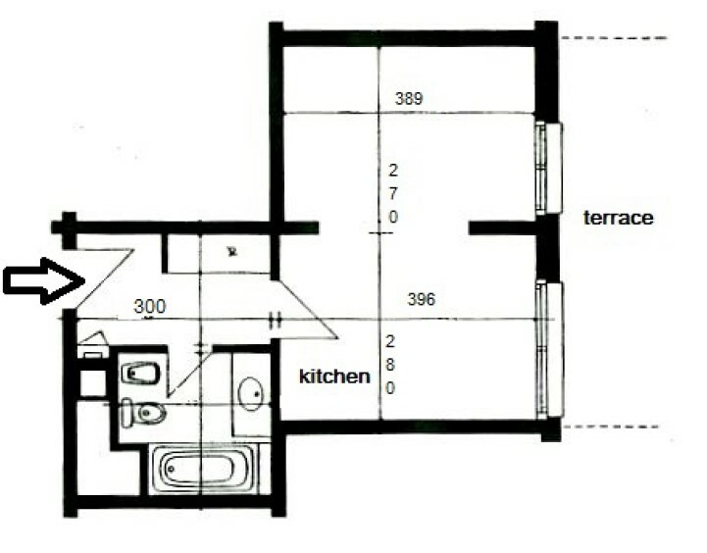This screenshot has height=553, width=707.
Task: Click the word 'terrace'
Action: click(618, 218)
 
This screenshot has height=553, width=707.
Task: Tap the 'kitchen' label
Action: click(334, 377)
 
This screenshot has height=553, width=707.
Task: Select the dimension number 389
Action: click(409, 98)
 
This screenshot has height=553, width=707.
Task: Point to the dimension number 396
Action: click(421, 299)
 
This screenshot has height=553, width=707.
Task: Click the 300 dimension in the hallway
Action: click(150, 307)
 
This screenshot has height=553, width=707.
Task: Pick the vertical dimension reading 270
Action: click(393, 194)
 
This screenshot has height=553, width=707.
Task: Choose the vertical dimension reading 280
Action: click(390, 365)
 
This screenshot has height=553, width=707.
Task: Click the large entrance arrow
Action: click(44, 280)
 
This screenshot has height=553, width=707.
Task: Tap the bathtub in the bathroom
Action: click(201, 470)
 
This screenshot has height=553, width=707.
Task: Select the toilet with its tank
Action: click(143, 412)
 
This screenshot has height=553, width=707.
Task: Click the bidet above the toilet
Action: click(140, 374)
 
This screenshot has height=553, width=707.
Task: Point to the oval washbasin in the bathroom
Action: click(251, 394)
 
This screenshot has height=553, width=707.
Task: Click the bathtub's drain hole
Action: click(171, 470)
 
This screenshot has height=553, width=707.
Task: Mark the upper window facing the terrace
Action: click(549, 168)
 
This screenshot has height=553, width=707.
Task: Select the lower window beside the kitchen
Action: click(550, 349)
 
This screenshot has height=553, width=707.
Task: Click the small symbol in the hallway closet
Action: click(232, 251)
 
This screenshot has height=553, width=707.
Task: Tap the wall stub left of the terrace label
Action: click(503, 228)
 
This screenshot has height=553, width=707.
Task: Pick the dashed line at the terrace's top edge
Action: click(614, 38)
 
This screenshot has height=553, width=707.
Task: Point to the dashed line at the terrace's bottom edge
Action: click(611, 427)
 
